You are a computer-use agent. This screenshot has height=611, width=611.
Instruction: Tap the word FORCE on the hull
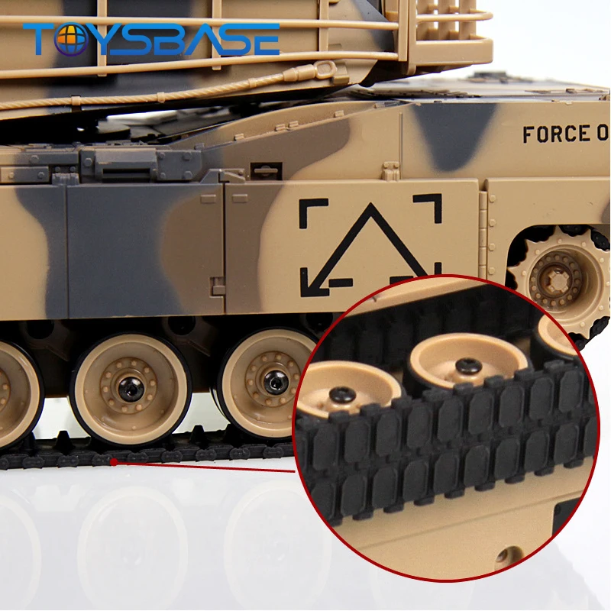point(551,134)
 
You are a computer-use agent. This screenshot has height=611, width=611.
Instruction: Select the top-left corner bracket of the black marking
point(312,212)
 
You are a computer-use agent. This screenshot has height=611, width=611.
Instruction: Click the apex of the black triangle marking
point(370,208)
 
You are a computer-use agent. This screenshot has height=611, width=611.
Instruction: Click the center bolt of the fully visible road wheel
point(131,387)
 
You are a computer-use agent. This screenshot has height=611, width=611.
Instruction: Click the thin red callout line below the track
point(206,467)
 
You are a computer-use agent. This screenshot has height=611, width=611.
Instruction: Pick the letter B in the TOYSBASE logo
point(174,39)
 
